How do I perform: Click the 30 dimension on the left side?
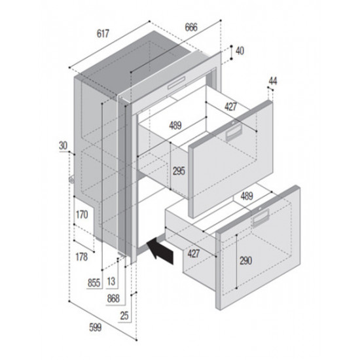63,145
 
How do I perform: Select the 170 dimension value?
82,214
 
